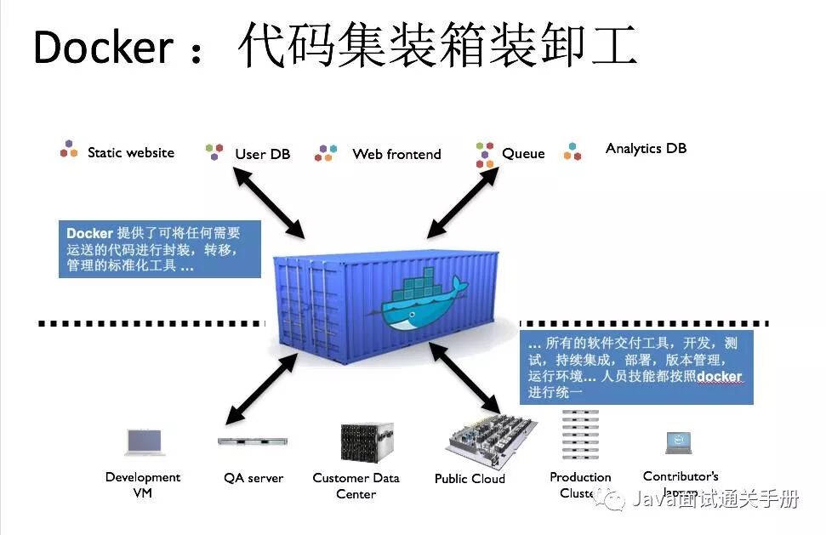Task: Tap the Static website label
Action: tap(130, 153)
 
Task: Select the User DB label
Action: tap(262, 154)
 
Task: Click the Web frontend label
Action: tap(396, 154)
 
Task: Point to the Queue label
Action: tap(523, 154)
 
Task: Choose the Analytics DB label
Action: tap(646, 148)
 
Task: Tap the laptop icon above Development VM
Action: tap(144, 441)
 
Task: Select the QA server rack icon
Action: tap(253, 441)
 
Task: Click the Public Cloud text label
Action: tap(470, 479)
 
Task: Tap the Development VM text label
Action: tap(143, 484)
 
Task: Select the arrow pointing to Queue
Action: tap(464, 202)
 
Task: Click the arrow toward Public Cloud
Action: tap(465, 374)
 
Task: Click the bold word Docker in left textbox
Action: tap(89, 233)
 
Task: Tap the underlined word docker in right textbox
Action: tap(719, 377)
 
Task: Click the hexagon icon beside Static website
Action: tap(69, 151)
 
